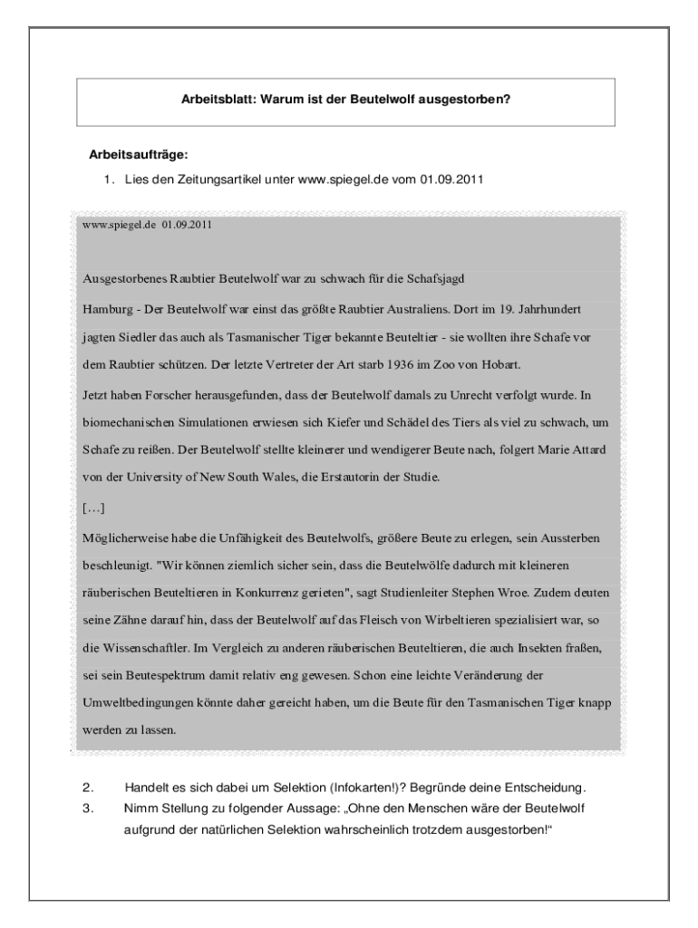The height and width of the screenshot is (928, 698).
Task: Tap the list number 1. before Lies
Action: click(108, 179)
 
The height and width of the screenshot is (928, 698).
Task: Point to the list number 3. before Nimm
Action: click(87, 807)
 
